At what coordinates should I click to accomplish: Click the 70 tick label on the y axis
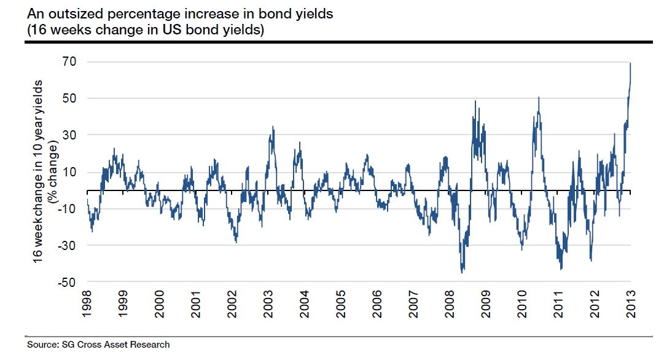[68, 61]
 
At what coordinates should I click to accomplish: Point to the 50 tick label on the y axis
[68, 98]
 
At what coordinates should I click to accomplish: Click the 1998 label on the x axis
[88, 305]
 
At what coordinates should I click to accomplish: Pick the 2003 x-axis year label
[268, 305]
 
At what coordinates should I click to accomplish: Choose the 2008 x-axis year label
[449, 305]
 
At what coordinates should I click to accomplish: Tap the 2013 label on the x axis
[630, 305]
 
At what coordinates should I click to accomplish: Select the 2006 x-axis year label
[377, 305]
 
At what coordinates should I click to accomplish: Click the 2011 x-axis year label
[558, 305]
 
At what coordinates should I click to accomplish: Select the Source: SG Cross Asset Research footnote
[98, 344]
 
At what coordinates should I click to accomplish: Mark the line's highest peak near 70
[630, 63]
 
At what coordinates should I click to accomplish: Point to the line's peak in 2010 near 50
[539, 97]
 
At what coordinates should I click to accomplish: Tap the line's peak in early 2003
[273, 127]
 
